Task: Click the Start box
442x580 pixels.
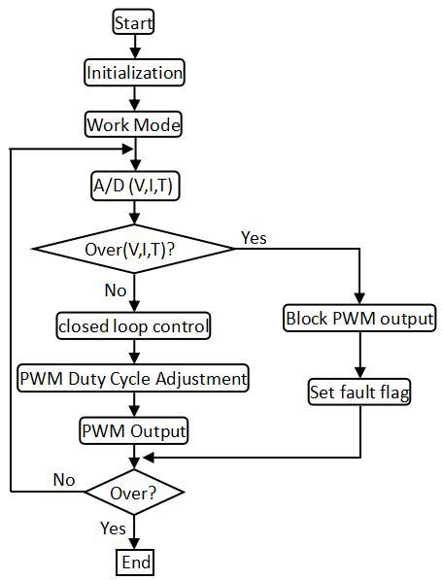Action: (x=134, y=21)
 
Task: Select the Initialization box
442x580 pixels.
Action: (x=134, y=73)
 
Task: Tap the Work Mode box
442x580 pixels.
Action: (x=134, y=125)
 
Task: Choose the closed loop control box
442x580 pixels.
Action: (x=134, y=326)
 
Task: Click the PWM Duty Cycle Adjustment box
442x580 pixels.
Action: (x=134, y=377)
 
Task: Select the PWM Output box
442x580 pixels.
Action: (x=134, y=429)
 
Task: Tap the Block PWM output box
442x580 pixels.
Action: (x=359, y=318)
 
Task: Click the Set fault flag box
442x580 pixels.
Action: (x=359, y=393)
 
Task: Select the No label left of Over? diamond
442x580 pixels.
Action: (x=64, y=479)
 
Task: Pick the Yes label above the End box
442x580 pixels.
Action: (x=113, y=529)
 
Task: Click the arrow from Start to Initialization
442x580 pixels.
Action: (x=134, y=47)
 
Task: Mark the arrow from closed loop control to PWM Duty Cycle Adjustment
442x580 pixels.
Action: (x=134, y=352)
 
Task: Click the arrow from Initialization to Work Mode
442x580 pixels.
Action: (x=134, y=99)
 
